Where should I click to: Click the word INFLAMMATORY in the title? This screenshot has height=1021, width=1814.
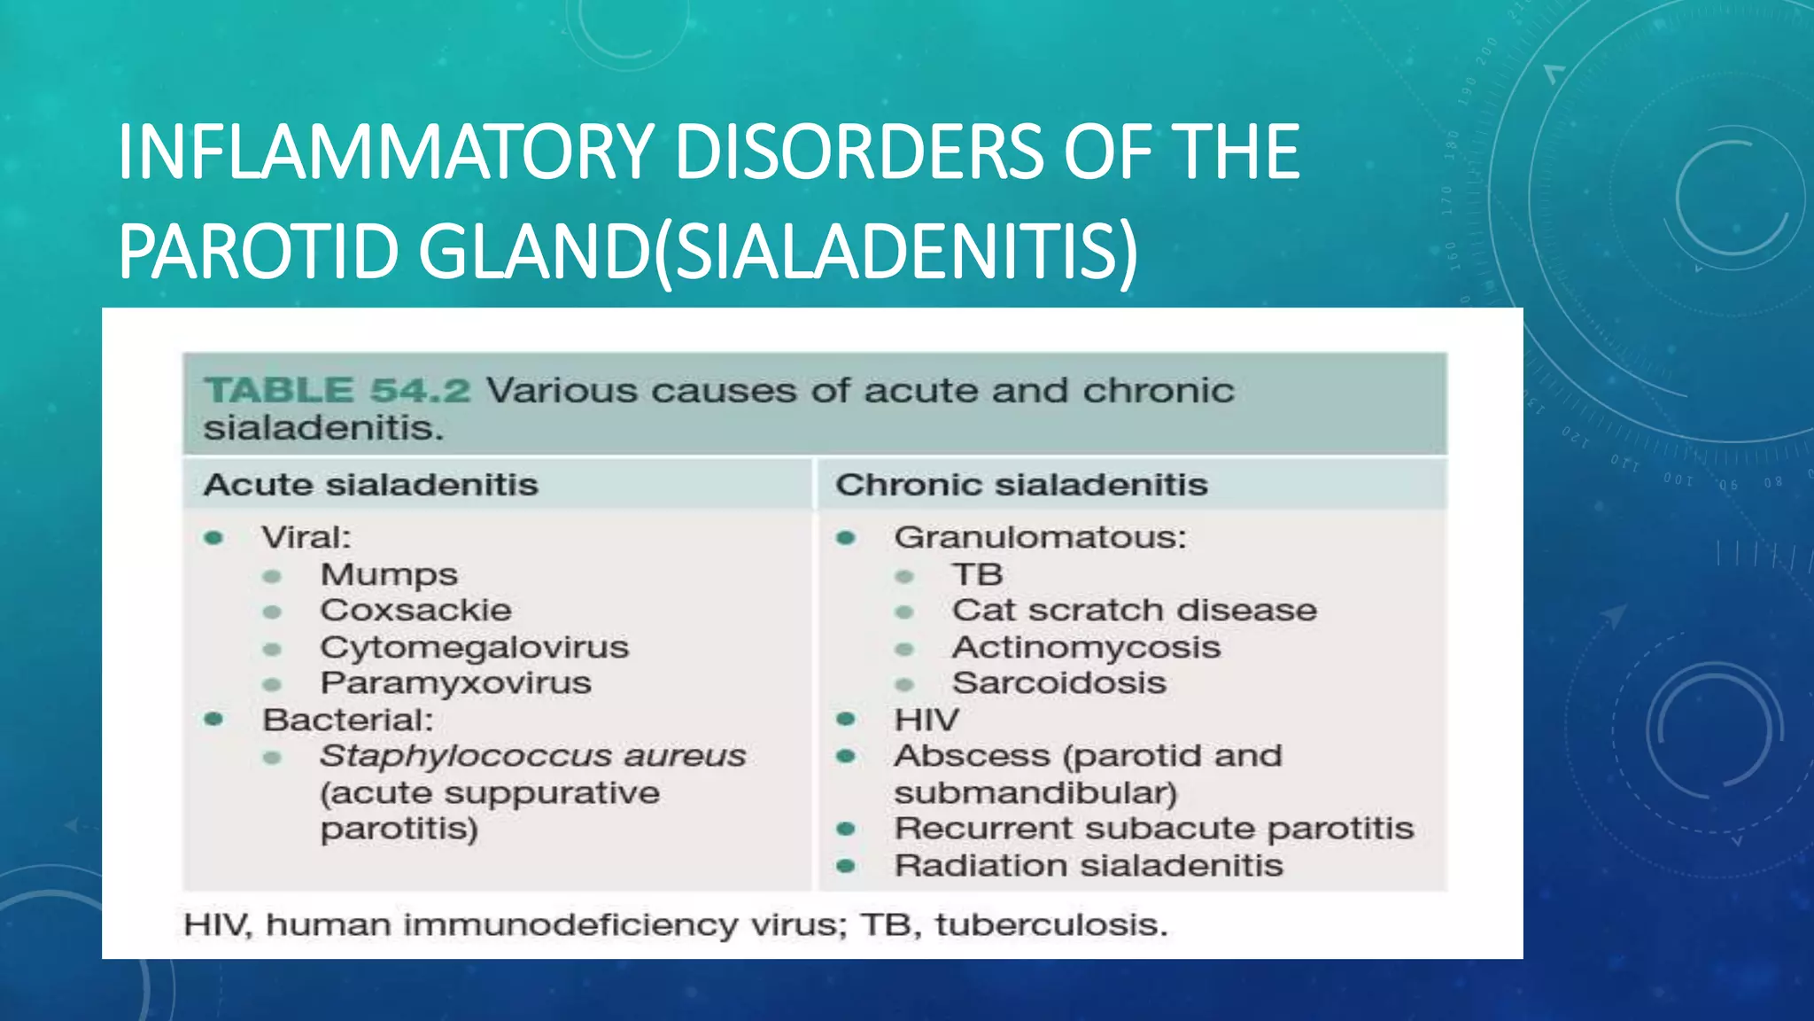point(385,152)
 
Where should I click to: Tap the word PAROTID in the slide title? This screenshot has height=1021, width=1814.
point(259,253)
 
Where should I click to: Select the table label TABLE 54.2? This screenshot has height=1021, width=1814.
point(337,391)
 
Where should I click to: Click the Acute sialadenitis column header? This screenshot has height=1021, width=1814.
point(370,485)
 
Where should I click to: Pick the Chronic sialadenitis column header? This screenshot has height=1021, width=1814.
point(1020,485)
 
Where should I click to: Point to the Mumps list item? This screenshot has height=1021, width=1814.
point(389,575)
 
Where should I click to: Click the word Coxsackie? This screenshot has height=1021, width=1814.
point(415,611)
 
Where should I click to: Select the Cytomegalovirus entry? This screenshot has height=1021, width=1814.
point(474,647)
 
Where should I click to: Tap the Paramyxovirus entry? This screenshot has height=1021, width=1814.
point(455,683)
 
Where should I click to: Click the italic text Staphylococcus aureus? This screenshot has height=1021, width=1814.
point(532,756)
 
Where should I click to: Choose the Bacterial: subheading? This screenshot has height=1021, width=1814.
point(348,720)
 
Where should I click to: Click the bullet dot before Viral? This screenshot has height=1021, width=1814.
point(213,538)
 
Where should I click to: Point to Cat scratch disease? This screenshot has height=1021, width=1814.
point(1134,611)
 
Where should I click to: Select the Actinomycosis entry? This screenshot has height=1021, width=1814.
point(1086,647)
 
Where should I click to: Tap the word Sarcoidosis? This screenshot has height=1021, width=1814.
point(1058,683)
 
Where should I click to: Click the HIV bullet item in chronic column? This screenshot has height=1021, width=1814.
point(926,720)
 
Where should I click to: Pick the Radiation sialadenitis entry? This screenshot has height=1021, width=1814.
point(1088,865)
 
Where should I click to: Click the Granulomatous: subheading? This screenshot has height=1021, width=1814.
point(1040,538)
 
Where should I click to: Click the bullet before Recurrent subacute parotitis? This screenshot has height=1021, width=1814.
point(846,830)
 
